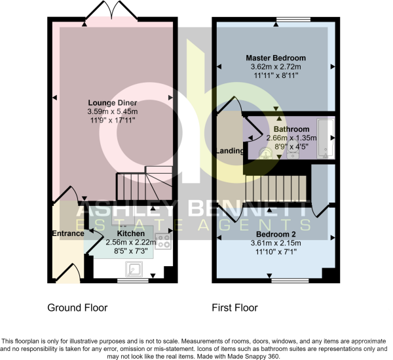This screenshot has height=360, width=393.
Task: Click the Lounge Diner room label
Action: pyautogui.click(x=111, y=102)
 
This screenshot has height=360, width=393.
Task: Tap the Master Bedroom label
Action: pyautogui.click(x=275, y=58)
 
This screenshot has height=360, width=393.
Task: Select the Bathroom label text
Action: pyautogui.click(x=291, y=129)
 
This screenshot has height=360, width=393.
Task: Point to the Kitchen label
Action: pyautogui.click(x=130, y=233)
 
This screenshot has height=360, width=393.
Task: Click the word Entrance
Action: pyautogui.click(x=68, y=233)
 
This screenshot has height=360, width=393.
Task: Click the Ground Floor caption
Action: pyautogui.click(x=78, y=308)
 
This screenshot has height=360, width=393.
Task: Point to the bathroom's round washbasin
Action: pyautogui.click(x=266, y=155)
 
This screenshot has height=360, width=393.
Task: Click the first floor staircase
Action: pyautogui.click(x=276, y=189)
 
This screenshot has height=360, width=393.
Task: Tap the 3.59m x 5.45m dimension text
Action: pyautogui.click(x=111, y=111)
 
